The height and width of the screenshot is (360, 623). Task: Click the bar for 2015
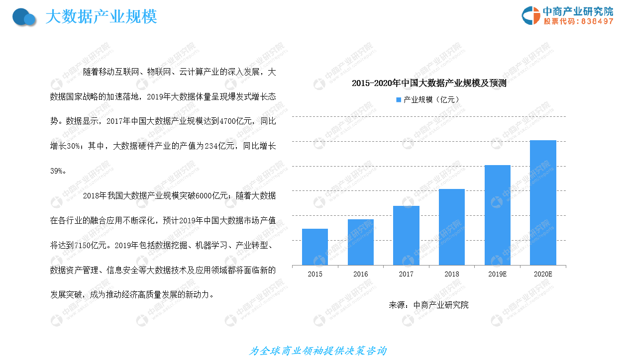pos(315,247)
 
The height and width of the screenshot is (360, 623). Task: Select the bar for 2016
pos(361,242)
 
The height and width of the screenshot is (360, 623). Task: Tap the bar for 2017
pos(406,235)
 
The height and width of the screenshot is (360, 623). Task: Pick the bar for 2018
pos(452,227)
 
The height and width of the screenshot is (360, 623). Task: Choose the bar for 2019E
pos(498,215)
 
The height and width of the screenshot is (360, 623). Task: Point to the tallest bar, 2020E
pos(543,202)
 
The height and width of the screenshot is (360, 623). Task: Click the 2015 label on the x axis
pos(315,274)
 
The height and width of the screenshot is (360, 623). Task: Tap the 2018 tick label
pos(452,274)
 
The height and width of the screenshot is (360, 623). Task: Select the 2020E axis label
pos(543,274)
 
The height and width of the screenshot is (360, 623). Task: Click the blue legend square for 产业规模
pos(399,99)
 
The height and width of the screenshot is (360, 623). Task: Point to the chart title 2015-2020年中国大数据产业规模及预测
pos(429,83)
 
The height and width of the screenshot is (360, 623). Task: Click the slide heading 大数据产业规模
pos(101,17)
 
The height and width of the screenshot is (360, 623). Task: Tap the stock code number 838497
pos(597,21)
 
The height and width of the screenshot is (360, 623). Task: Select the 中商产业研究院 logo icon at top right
pos(530,15)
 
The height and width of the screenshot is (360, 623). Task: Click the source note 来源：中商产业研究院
pos(428,305)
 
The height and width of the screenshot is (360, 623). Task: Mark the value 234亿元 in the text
pos(219,146)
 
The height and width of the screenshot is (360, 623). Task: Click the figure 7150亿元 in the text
pos(90,245)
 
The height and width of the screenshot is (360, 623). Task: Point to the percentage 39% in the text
pos(57,171)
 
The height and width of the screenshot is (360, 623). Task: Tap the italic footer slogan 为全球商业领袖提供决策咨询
pos(317,351)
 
